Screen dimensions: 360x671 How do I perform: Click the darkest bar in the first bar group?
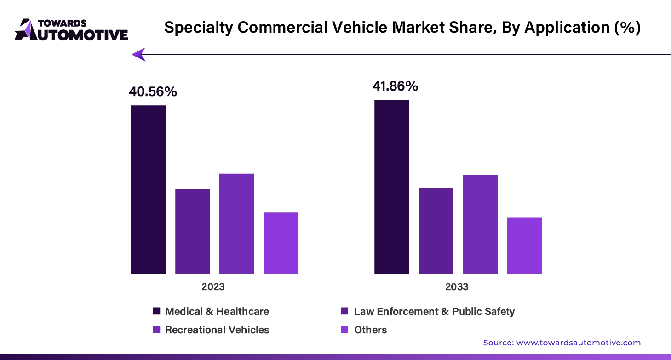(x=149, y=189)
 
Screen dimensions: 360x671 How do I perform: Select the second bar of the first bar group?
(x=193, y=230)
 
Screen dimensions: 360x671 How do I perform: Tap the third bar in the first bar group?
(x=237, y=223)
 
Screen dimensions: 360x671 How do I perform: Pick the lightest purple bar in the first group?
(x=281, y=242)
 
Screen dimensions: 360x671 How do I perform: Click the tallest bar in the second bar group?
(x=391, y=187)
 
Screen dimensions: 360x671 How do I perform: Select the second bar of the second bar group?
(x=436, y=230)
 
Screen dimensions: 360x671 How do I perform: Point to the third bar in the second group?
(x=480, y=223)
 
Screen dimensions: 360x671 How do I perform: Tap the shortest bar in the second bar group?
(x=524, y=245)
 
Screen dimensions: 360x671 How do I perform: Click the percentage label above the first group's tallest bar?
(x=153, y=92)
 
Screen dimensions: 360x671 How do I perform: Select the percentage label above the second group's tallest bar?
(x=395, y=86)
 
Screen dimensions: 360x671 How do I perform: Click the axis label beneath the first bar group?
(x=212, y=286)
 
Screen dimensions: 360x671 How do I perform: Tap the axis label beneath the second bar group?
(x=458, y=286)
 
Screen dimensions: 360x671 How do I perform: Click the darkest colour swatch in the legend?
(x=156, y=311)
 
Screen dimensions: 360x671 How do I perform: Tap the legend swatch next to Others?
(x=344, y=330)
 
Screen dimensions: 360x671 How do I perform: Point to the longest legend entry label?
(x=433, y=311)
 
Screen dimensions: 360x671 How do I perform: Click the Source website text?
(x=562, y=343)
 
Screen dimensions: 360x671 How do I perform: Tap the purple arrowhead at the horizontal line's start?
(x=139, y=54)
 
